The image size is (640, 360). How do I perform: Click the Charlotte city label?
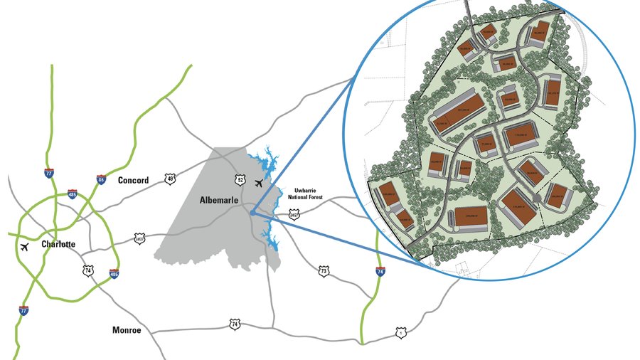[x=58, y=244]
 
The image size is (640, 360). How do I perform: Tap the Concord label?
[x=134, y=181]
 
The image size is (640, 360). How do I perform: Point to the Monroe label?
[x=128, y=330]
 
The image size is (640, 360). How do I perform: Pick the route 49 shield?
[x=170, y=179]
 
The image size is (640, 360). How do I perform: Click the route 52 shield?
[x=240, y=180]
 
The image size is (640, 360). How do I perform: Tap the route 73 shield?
[x=324, y=271]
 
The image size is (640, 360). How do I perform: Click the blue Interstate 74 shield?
[x=380, y=271]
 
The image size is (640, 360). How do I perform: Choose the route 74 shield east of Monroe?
[x=235, y=324]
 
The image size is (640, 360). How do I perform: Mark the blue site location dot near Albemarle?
[x=254, y=211]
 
